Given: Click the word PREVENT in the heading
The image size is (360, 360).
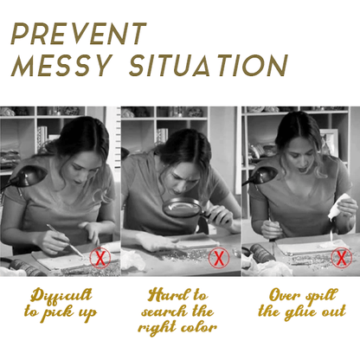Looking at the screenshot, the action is pyautogui.click(x=79, y=34).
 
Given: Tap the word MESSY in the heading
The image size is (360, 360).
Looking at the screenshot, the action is pyautogui.click(x=61, y=66).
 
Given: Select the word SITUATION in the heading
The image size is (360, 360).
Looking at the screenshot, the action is pyautogui.click(x=209, y=66).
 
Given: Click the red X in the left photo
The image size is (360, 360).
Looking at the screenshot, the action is pyautogui.click(x=100, y=258).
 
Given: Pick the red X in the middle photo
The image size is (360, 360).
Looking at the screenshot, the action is pyautogui.click(x=219, y=258).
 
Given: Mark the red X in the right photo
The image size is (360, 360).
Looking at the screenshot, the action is pyautogui.click(x=341, y=258).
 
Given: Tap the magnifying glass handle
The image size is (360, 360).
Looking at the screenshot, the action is pyautogui.click(x=215, y=217).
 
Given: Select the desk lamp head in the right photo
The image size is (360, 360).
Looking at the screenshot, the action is pyautogui.click(x=263, y=174).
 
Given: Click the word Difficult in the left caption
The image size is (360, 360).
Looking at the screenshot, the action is pyautogui.click(x=62, y=296).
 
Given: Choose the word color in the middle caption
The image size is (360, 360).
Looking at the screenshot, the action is pyautogui.click(x=199, y=328).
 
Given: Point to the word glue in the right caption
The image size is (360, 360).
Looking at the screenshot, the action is pyautogui.click(x=300, y=312).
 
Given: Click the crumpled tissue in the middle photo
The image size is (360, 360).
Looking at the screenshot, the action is pyautogui.click(x=133, y=260).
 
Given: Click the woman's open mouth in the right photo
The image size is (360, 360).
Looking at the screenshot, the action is pyautogui.click(x=302, y=170).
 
